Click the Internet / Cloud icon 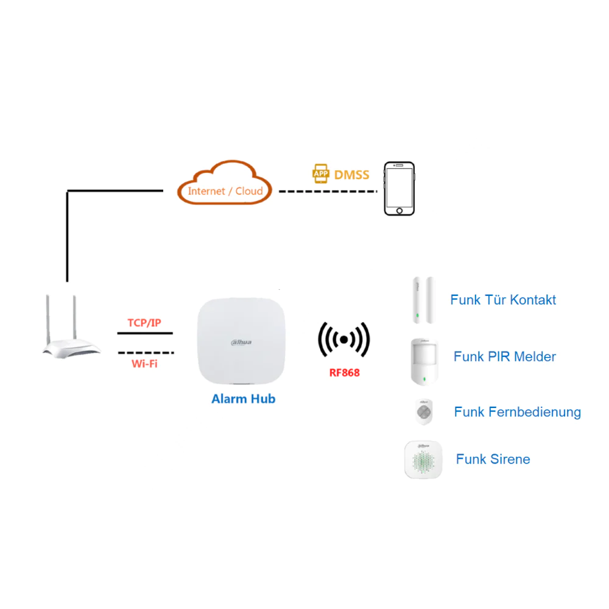point(225,183)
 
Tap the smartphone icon point(399,188)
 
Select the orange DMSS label point(351,175)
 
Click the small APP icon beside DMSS point(321,174)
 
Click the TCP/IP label point(144,322)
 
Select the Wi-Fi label point(144,364)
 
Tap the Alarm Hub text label point(243,399)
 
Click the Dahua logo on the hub point(241,343)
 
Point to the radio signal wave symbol point(344,340)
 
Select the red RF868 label point(345,372)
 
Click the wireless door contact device point(424,300)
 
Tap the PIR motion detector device point(424,360)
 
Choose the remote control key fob point(424,412)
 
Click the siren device point(424,459)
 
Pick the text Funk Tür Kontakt point(503,300)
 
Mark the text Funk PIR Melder point(505,357)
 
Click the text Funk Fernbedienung point(517,412)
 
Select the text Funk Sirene point(493,459)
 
